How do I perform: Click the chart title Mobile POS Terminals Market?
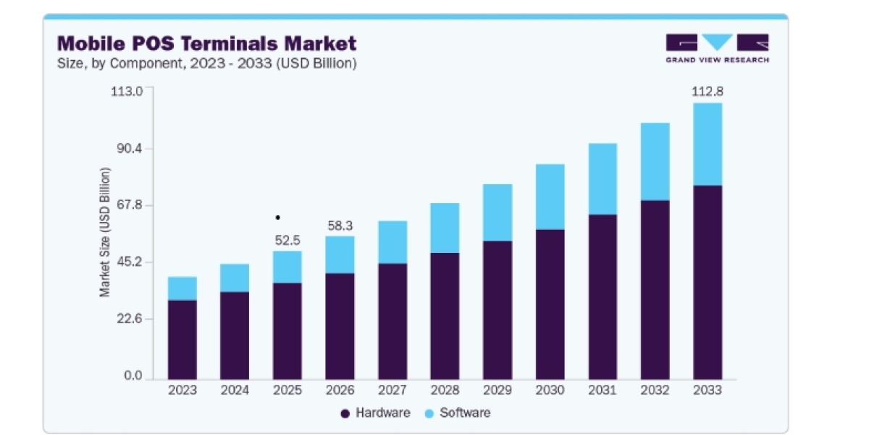click(207, 43)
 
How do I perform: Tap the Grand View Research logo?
click(718, 48)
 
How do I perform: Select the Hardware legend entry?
click(376, 413)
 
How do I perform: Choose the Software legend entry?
click(458, 413)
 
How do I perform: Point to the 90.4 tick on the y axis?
click(130, 149)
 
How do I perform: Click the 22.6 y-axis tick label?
click(130, 319)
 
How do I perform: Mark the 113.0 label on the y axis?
click(127, 91)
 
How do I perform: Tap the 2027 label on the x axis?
click(392, 390)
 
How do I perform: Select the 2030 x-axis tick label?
click(550, 390)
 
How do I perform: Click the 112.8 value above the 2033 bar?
click(708, 91)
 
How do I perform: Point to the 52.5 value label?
click(287, 241)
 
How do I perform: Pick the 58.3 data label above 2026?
click(340, 225)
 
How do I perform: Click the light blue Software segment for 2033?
click(708, 144)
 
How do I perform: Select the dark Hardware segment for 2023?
click(182, 340)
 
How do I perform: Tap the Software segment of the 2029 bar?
click(498, 212)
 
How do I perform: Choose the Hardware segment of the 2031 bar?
click(603, 297)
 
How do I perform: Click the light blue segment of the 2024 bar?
click(235, 278)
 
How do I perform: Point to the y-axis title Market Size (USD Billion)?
click(105, 232)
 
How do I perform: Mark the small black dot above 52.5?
click(278, 217)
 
